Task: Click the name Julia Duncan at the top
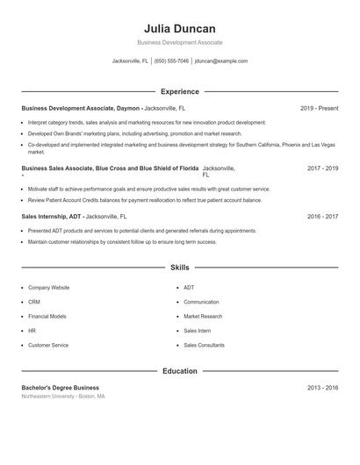point(180,28)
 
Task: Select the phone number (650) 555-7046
point(172,61)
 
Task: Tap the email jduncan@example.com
point(221,61)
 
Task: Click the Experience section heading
point(180,91)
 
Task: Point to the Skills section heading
point(180,267)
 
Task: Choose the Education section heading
point(180,371)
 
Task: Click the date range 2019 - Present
point(319,108)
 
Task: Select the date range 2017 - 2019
point(323,168)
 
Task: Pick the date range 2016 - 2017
point(323,216)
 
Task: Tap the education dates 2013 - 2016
point(323,387)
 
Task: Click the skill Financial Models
point(47,316)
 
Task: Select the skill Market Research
point(204,316)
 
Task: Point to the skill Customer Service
point(48,345)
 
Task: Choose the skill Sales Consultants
point(205,345)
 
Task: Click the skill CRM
point(33,302)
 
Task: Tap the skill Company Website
point(49,288)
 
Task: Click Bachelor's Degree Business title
point(61,387)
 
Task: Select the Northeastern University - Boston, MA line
point(63,397)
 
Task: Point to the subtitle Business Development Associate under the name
point(180,42)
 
